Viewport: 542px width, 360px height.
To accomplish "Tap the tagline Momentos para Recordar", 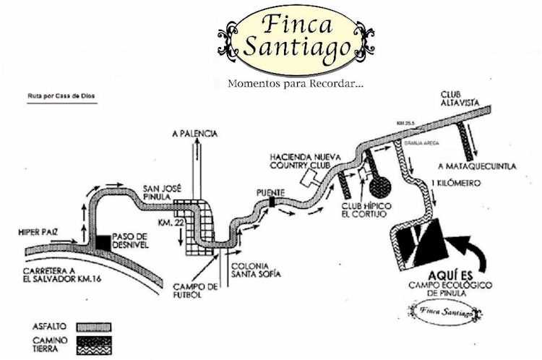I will [x=295, y=83].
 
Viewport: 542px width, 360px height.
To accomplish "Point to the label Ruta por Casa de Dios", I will [x=60, y=95].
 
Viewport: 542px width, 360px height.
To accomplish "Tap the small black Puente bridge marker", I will [x=272, y=203].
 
